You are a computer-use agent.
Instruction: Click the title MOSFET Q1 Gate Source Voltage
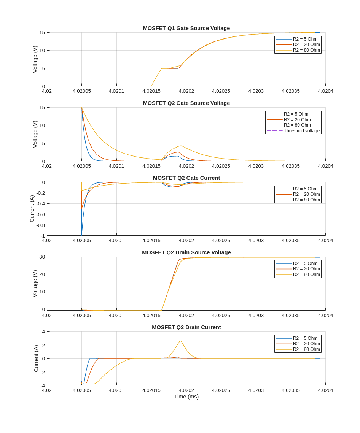point(186,28)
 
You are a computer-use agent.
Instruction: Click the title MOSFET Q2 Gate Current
point(186,178)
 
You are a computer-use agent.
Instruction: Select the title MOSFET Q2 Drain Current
point(186,327)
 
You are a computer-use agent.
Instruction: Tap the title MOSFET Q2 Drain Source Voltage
point(186,252)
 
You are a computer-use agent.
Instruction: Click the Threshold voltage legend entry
point(301,131)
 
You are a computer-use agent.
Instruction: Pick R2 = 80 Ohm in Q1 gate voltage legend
point(306,50)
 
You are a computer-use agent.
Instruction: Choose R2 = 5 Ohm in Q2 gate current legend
point(305,189)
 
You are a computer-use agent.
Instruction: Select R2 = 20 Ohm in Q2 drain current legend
point(306,344)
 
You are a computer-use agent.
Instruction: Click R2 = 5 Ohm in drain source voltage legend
point(305,263)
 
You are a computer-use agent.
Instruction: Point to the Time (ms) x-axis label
point(186,397)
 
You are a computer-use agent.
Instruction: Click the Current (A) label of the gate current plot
point(32,209)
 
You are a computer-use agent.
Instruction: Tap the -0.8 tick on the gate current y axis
point(40,225)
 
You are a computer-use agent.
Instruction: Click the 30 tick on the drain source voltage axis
point(42,257)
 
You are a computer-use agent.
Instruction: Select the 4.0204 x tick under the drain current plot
point(325,390)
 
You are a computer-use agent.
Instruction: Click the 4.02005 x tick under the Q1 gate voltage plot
point(82,91)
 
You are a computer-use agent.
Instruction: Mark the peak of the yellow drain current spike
point(180,341)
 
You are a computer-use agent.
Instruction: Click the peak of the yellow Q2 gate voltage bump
point(180,146)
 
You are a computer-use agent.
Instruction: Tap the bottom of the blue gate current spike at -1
point(82,235)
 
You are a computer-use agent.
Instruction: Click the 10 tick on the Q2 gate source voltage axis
point(42,125)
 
